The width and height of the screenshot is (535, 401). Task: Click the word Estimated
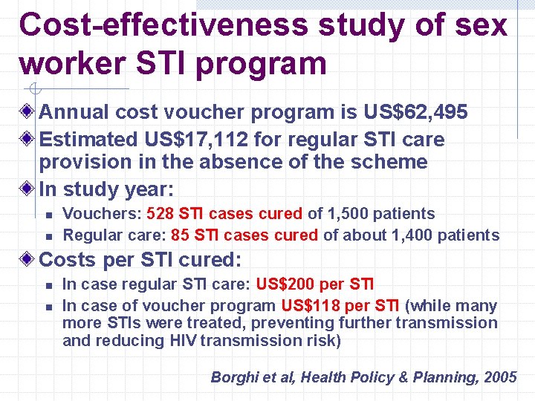point(88,139)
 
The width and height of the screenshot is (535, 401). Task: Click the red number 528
point(159,214)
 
